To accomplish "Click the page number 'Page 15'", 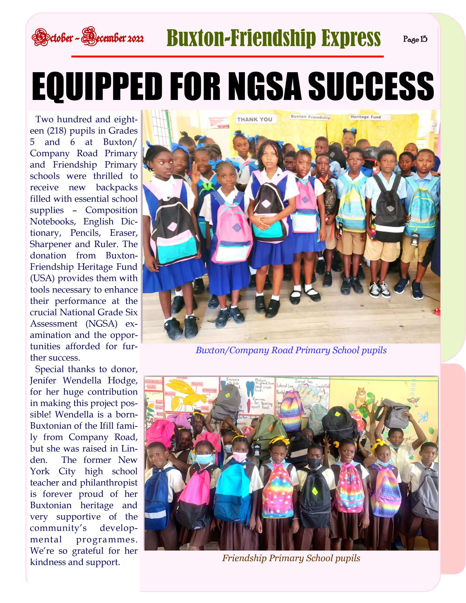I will pyautogui.click(x=415, y=39).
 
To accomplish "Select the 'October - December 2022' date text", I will pyautogui.click(x=88, y=37).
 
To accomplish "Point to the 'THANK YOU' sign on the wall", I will pyautogui.click(x=254, y=120).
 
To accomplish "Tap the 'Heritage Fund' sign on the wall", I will pyautogui.click(x=365, y=117).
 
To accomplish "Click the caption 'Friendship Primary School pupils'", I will pyautogui.click(x=291, y=558).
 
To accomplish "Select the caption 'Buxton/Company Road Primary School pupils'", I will pyautogui.click(x=291, y=350).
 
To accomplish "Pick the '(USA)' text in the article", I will pyautogui.click(x=42, y=278).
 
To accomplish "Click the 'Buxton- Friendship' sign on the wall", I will pyautogui.click(x=310, y=117).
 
